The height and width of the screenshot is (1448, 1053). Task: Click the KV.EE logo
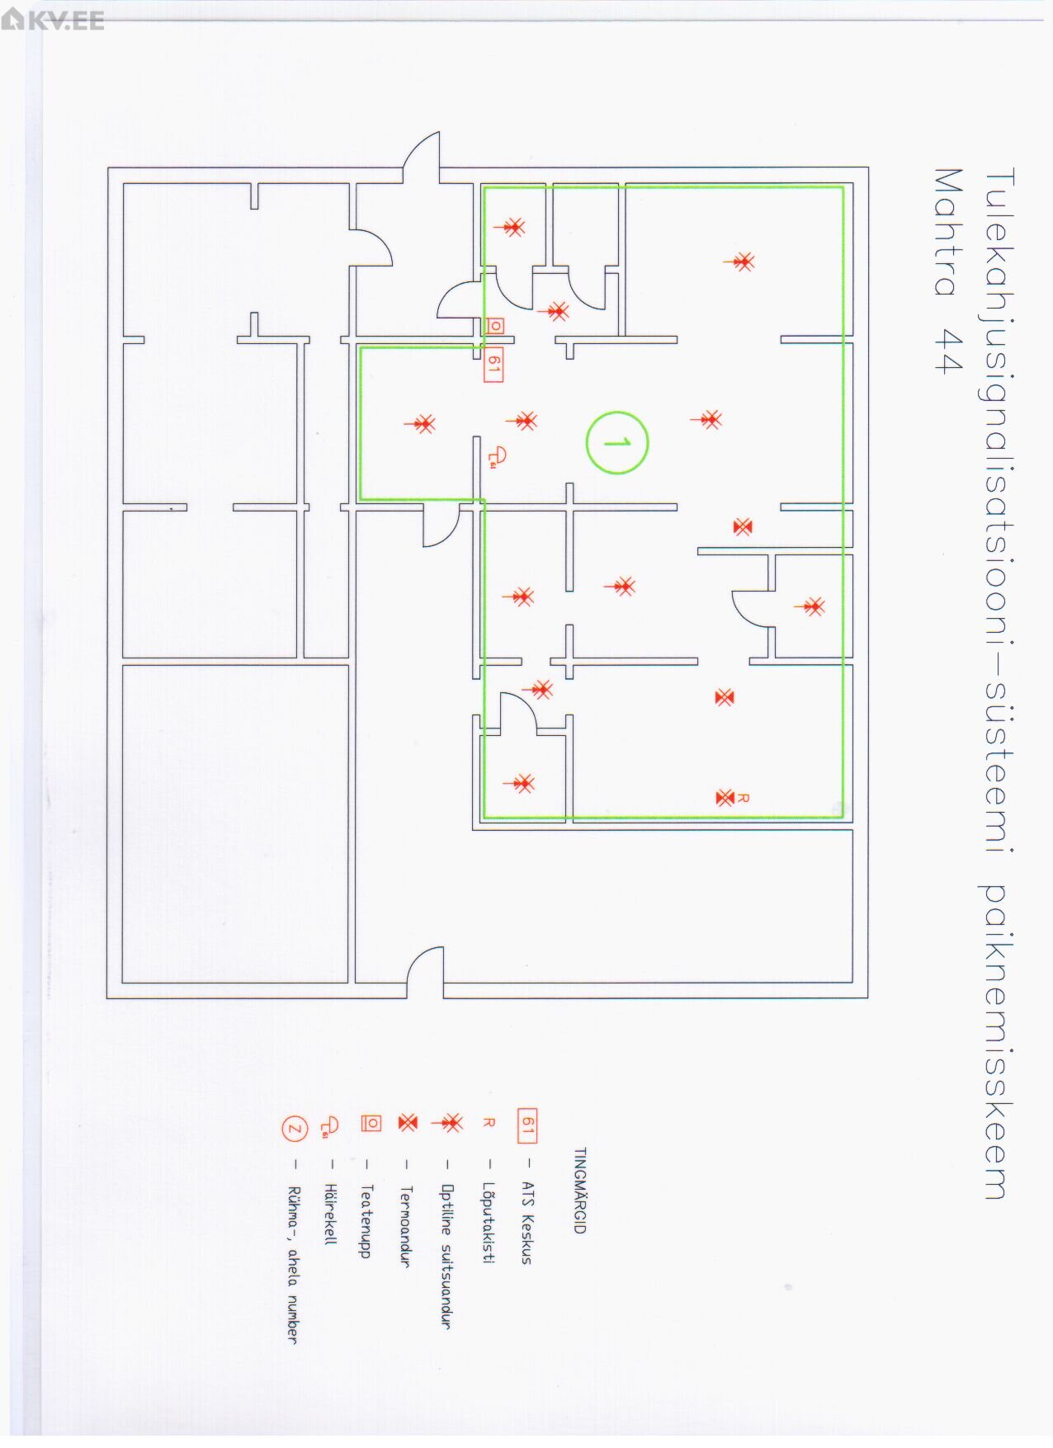point(54,19)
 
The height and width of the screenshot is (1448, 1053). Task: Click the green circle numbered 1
point(617,443)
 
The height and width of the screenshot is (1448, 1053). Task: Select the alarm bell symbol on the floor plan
point(498,455)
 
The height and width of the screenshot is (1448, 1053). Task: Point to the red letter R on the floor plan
point(743,797)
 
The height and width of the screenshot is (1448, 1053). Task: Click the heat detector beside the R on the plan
point(724,797)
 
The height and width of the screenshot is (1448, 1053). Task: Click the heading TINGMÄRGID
point(579,1190)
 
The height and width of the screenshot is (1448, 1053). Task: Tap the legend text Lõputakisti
point(488,1223)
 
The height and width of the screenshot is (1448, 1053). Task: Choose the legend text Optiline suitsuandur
point(446,1256)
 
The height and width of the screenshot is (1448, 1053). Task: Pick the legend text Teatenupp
point(367,1221)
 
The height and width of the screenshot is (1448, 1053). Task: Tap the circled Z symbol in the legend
point(295,1128)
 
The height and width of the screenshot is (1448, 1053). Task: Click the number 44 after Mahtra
point(949,351)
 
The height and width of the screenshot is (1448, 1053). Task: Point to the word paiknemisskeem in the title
point(996,1041)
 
